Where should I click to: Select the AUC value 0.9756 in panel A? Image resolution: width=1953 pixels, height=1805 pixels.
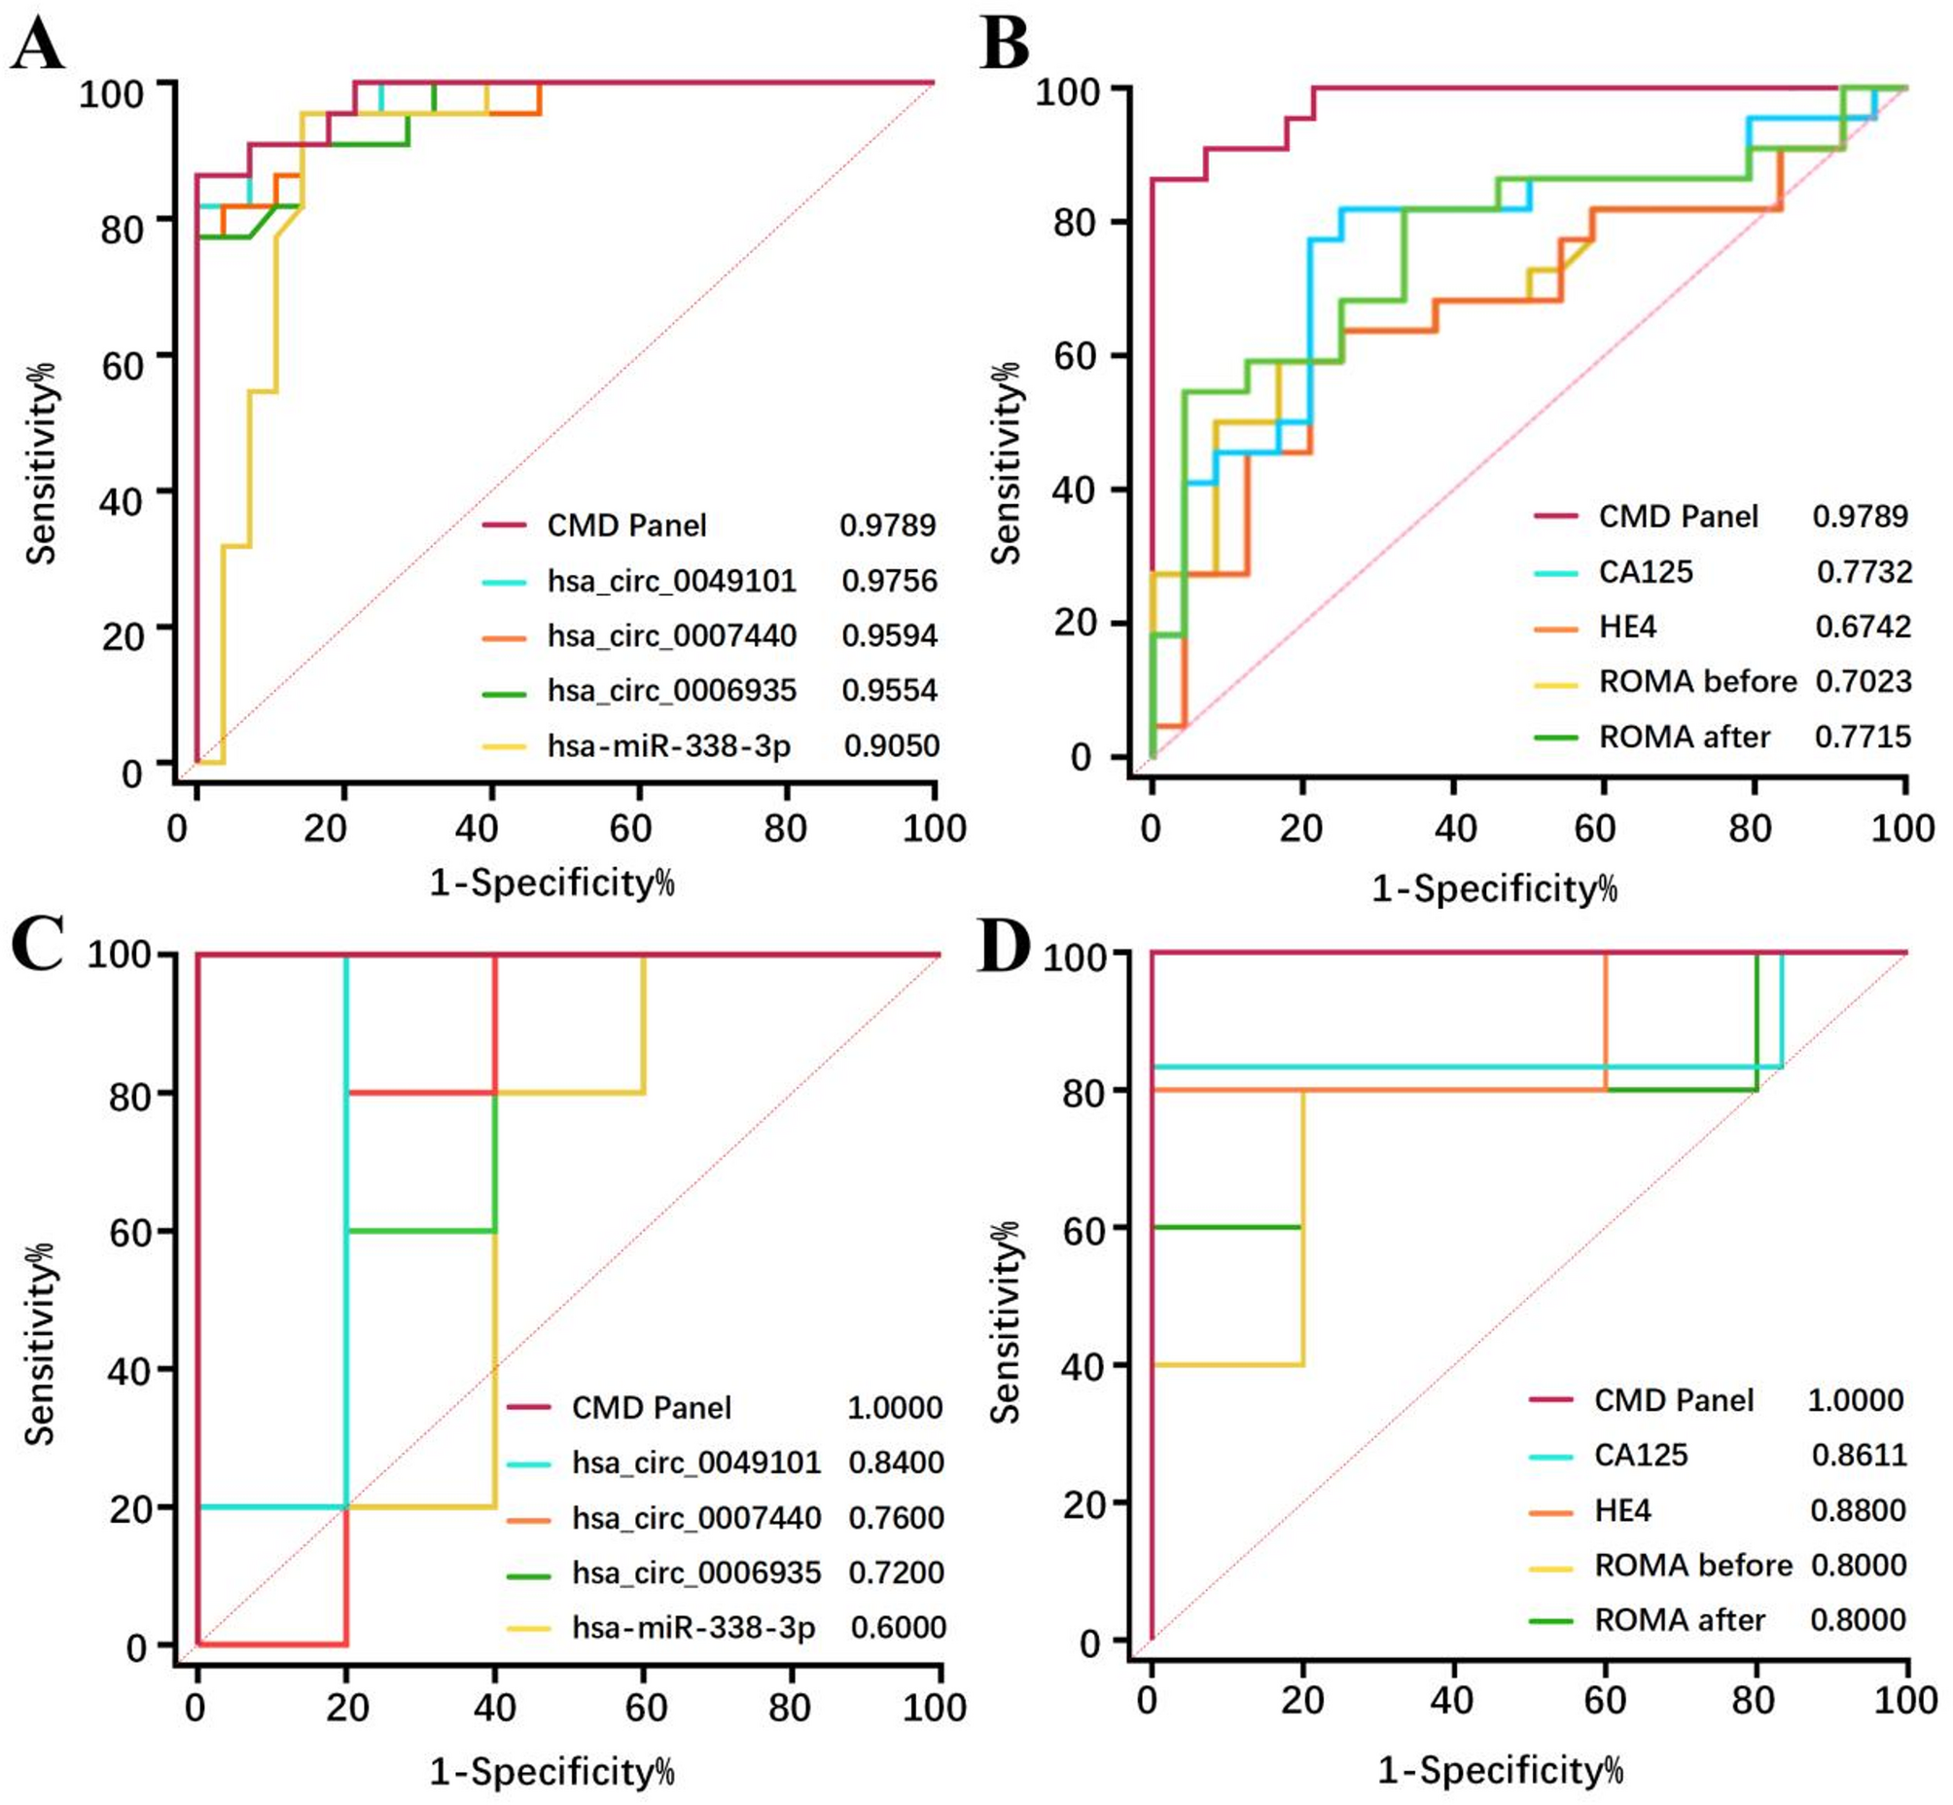point(889,581)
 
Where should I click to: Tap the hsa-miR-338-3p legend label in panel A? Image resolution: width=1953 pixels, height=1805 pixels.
point(669,746)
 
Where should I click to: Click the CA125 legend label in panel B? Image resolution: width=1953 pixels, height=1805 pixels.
point(1646,571)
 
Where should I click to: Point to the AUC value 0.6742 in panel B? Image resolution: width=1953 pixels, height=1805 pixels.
point(1863,626)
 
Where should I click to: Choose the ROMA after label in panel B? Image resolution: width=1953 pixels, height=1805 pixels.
point(1685,737)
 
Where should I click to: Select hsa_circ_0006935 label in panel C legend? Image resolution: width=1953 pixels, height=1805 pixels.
point(696,1572)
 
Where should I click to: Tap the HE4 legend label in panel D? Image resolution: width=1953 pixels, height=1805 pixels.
point(1622,1511)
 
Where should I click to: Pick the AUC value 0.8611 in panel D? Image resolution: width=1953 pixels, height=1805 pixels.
point(1859,1456)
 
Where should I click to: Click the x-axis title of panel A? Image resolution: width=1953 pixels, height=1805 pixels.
point(551,883)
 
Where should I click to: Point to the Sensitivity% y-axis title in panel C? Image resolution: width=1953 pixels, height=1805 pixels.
point(40,1343)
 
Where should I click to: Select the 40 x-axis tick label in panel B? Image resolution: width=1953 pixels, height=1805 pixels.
point(1454,829)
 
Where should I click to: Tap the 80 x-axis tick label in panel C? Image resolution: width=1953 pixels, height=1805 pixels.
point(789,1708)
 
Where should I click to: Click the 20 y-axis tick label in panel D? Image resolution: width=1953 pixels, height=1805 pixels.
point(1083,1505)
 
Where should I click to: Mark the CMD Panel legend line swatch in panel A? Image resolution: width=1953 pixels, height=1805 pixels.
point(504,526)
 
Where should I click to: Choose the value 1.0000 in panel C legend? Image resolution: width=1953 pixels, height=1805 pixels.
point(895,1407)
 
